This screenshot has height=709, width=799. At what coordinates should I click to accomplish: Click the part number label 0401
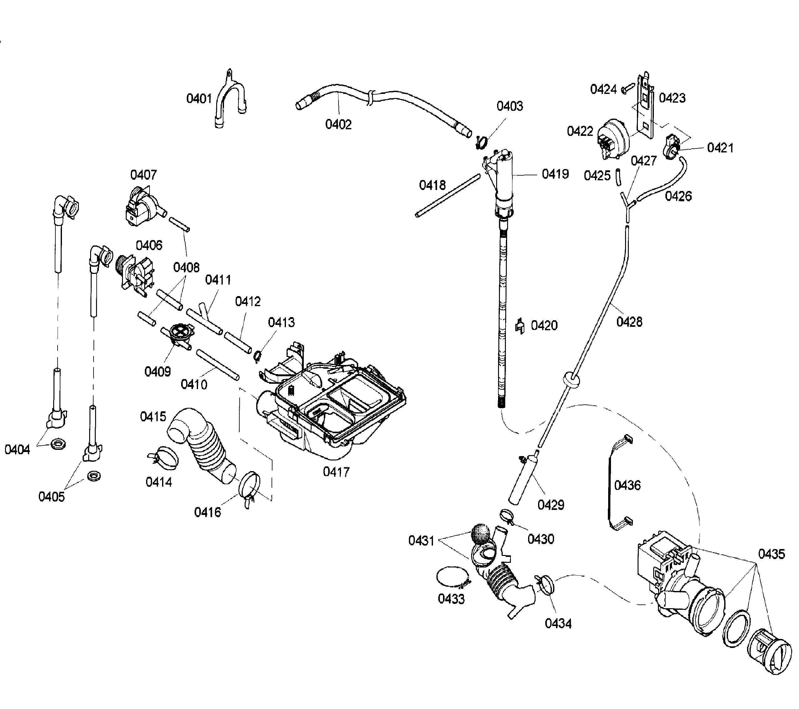pos(199,99)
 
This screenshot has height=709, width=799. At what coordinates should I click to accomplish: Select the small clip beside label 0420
pos(520,326)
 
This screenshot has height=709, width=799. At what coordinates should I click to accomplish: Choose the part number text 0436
pos(627,485)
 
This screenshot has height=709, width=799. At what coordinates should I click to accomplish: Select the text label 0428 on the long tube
pos(629,322)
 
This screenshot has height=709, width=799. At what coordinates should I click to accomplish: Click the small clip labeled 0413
pos(257,355)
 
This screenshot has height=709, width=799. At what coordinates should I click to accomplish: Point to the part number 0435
pos(771,554)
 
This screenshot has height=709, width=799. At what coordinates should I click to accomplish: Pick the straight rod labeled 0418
pos(448,196)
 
